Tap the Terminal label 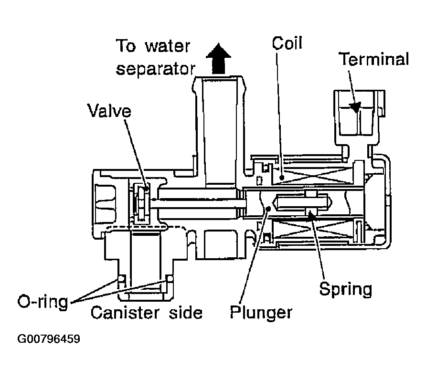[373, 60]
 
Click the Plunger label [261, 313]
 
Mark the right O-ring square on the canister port [169, 279]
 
